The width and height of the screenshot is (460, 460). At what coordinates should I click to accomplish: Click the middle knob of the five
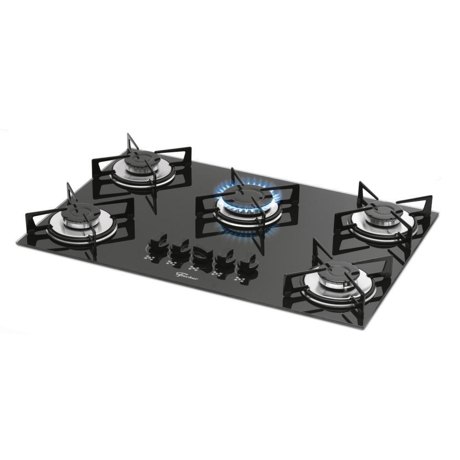tap(201, 253)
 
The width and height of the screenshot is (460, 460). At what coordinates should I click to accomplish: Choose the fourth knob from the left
tap(225, 256)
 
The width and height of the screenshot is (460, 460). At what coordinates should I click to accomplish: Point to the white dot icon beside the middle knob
tap(193, 268)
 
